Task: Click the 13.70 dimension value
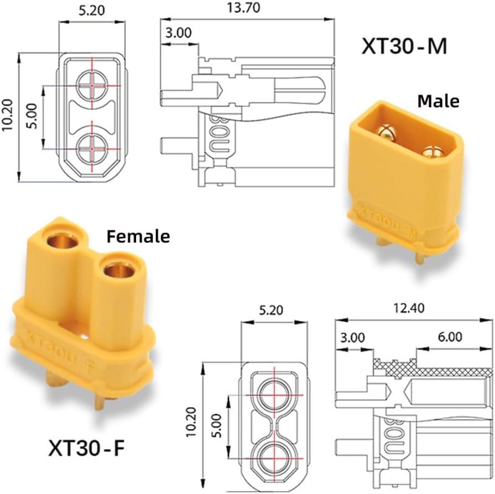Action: (243, 8)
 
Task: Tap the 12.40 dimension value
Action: (408, 308)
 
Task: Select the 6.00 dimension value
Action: (450, 337)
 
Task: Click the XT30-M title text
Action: (404, 46)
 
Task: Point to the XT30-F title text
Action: (86, 448)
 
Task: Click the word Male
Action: (438, 101)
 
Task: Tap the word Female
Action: (138, 237)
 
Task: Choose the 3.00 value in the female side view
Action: (353, 338)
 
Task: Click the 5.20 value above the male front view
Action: (92, 10)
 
